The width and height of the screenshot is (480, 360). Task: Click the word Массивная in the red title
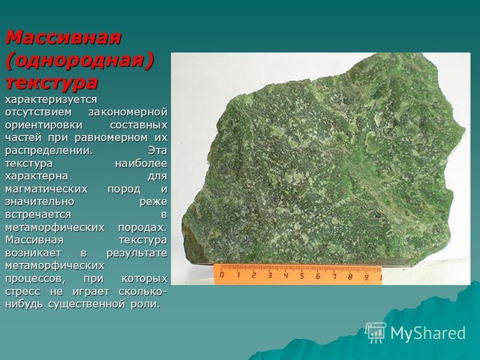[64, 37]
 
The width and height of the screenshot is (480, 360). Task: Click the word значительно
[40, 202]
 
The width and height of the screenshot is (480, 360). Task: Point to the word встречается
[39, 214]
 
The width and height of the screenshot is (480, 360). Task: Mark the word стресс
[22, 292]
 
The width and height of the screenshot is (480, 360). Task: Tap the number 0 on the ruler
[222, 275]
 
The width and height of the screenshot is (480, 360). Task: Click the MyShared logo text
[428, 332]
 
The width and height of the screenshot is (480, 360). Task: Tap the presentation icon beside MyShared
[376, 332]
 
